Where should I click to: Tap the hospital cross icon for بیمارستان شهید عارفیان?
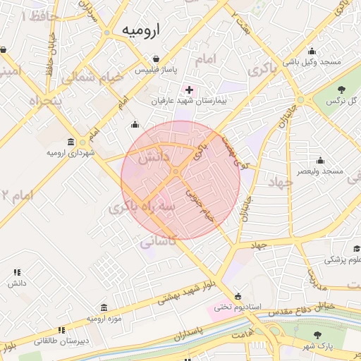[x=189, y=90]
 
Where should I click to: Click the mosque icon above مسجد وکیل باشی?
[x=312, y=51]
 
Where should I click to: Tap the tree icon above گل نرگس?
[x=342, y=89]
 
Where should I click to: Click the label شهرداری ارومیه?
[x=71, y=152]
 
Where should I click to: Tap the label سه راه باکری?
[x=140, y=208]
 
